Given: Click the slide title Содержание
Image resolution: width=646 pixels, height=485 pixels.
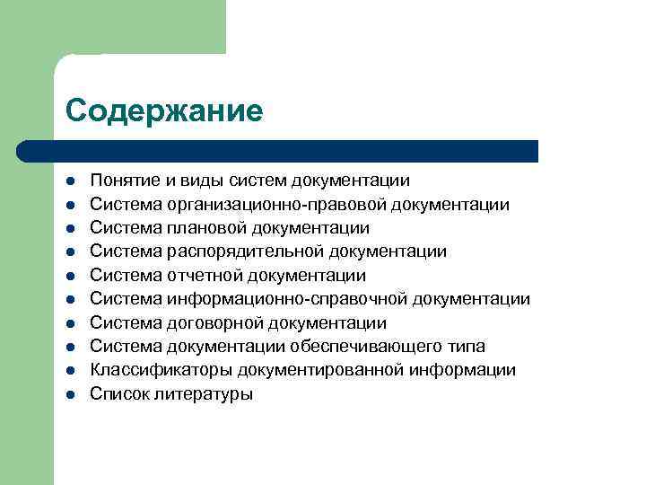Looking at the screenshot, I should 164,111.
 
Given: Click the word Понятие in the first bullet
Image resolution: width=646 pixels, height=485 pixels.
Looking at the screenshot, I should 122,181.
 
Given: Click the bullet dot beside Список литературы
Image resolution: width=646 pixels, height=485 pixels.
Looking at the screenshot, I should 70,393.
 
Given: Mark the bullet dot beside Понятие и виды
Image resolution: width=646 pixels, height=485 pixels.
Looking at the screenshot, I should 70,181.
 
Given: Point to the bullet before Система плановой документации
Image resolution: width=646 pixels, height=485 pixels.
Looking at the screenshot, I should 70,228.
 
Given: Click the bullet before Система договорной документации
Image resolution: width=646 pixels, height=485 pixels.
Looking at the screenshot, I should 70,322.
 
